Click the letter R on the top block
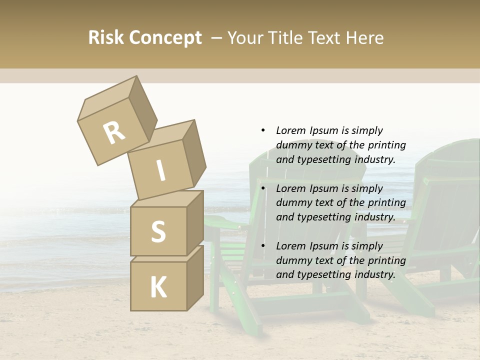pyautogui.click(x=114, y=133)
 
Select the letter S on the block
pyautogui.click(x=158, y=231)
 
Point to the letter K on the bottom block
pyautogui.click(x=158, y=287)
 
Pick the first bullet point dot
pyautogui.click(x=263, y=130)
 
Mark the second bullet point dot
pyautogui.click(x=263, y=188)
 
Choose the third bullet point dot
pyautogui.click(x=263, y=246)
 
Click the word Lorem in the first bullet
pyautogui.click(x=290, y=130)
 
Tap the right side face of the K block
pyautogui.click(x=195, y=278)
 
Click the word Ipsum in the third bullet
pyautogui.click(x=324, y=246)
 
